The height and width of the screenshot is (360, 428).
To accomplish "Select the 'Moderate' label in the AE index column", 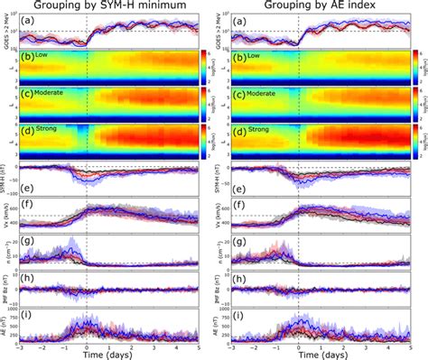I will [268, 94].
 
